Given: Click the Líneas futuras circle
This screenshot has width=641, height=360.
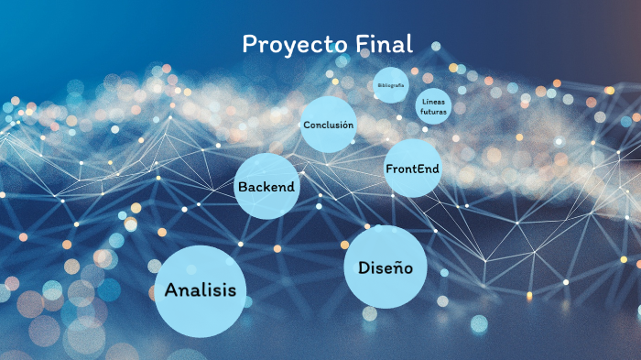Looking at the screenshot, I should point(434,106).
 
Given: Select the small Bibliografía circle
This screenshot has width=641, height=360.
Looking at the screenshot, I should point(391,85).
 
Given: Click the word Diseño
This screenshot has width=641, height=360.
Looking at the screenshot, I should point(386,268).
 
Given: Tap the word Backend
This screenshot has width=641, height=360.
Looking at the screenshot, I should point(266,187).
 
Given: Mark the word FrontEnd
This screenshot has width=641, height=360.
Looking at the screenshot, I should point(412,169).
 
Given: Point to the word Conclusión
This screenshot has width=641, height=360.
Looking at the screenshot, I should point(328,125).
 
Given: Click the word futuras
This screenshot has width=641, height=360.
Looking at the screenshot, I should point(434,112).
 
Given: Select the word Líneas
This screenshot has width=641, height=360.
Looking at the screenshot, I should point(434,101).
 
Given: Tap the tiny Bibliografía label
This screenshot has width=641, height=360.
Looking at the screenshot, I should point(391,85).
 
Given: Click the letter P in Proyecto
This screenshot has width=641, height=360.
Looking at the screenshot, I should point(249,44).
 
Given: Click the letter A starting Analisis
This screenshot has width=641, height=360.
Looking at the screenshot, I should point(171,291).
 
